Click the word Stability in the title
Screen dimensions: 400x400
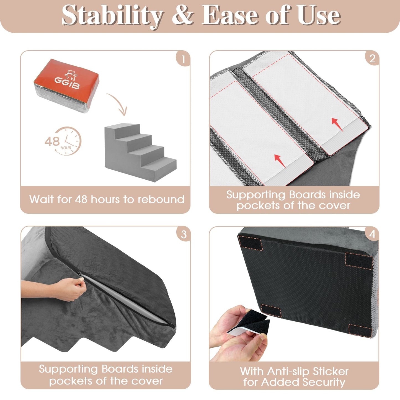[x=112, y=16]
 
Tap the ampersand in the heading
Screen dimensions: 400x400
[x=182, y=16]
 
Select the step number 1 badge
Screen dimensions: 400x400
[x=183, y=59]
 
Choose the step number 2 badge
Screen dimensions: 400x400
[x=372, y=59]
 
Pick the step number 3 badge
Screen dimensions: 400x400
[x=184, y=234]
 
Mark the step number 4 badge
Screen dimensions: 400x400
[x=372, y=234]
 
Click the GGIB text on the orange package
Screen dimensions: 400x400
[x=67, y=83]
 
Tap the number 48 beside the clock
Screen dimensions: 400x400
[x=52, y=141]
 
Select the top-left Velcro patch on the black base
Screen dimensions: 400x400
[x=251, y=243]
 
